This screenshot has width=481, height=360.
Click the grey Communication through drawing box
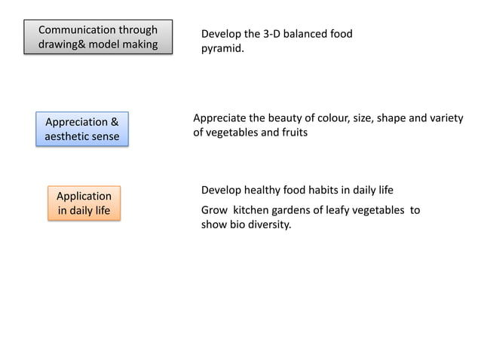[98, 37]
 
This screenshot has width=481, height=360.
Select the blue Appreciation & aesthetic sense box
[82, 129]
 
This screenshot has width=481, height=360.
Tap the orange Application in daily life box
[84, 203]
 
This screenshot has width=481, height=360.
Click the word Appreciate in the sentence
[219, 117]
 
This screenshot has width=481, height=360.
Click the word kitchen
[253, 210]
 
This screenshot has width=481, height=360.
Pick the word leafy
[335, 210]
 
